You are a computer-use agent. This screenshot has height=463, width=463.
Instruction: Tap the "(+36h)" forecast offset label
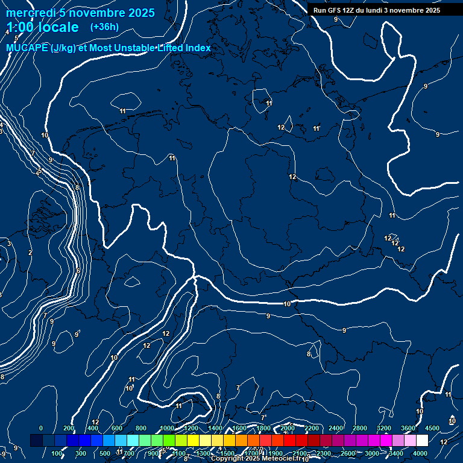click(104, 27)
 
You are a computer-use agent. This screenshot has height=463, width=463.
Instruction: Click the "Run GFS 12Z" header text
click(335, 10)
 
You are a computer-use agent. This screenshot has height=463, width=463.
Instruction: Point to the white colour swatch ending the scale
click(422, 441)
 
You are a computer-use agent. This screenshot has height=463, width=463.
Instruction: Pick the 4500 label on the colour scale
click(432, 428)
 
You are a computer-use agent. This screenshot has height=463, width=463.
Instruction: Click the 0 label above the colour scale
click(41, 428)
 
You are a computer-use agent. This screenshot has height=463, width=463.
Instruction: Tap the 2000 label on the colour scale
click(288, 428)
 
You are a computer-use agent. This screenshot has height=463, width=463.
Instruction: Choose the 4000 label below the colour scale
click(420, 453)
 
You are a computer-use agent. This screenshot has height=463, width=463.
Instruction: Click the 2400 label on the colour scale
click(336, 428)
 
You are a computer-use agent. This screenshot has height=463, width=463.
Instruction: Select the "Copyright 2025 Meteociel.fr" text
click(255, 459)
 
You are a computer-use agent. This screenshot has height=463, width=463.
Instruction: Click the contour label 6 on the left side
click(78, 271)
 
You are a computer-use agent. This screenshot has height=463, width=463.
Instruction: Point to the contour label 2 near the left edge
click(30, 253)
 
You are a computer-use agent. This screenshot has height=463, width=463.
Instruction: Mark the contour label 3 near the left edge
click(9, 244)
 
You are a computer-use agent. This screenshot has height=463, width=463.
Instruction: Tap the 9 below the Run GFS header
click(336, 19)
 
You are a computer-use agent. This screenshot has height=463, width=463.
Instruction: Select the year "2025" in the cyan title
click(140, 13)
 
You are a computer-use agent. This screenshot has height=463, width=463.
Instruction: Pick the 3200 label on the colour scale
click(384, 428)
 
